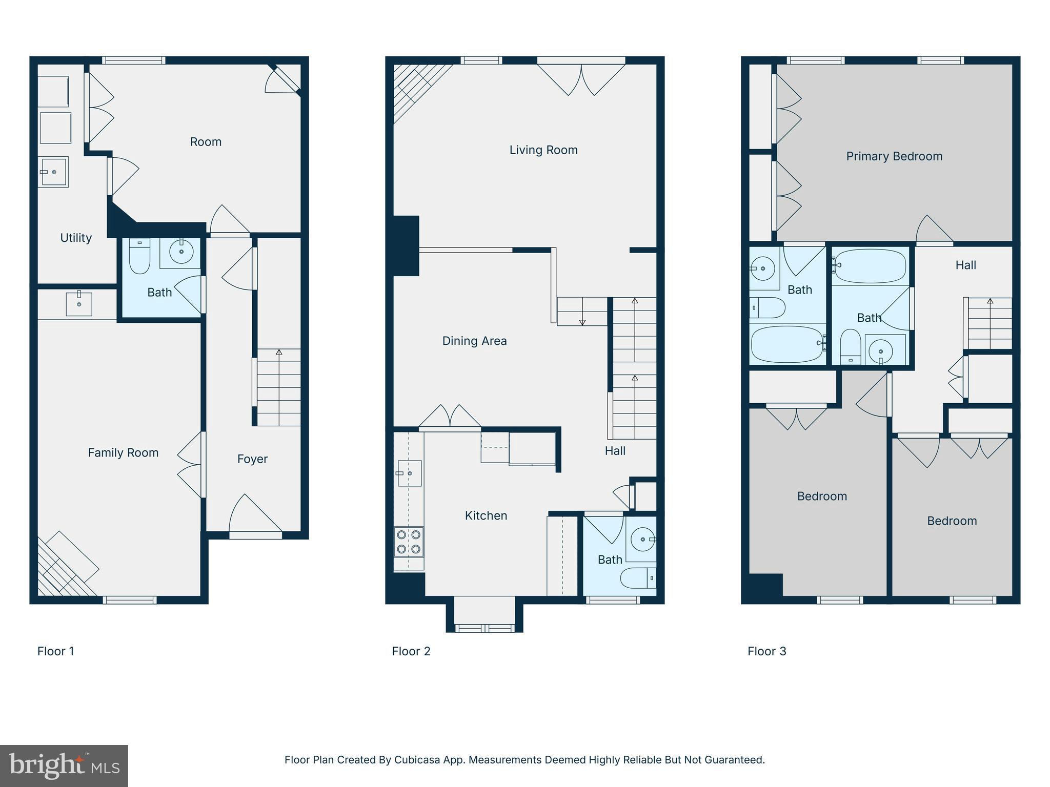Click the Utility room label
(76, 238)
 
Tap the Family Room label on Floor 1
(123, 453)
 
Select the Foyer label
(252, 459)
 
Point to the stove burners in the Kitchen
(409, 542)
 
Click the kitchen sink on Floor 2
(409, 473)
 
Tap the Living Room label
(543, 150)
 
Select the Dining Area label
(474, 341)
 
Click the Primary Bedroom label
(894, 156)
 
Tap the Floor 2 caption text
(411, 651)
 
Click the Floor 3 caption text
(766, 651)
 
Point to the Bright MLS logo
(64, 766)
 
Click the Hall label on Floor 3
(965, 265)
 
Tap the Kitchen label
(486, 516)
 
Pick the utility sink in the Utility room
(53, 172)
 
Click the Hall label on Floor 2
(615, 451)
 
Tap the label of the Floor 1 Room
(206, 142)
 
